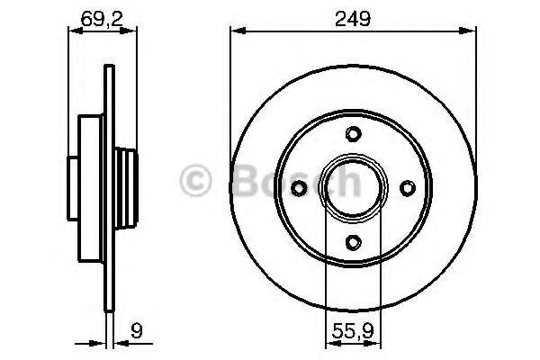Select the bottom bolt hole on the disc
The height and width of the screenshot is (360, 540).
(x=354, y=241)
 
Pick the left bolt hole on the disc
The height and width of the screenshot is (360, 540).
(x=300, y=187)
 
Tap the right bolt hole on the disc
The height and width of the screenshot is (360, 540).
(x=408, y=187)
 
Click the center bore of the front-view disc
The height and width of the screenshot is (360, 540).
(x=354, y=187)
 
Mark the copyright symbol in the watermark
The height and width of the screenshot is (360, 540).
(x=198, y=182)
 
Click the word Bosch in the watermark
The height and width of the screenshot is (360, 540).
(x=297, y=182)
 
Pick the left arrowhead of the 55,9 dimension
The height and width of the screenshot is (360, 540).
(x=329, y=343)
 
